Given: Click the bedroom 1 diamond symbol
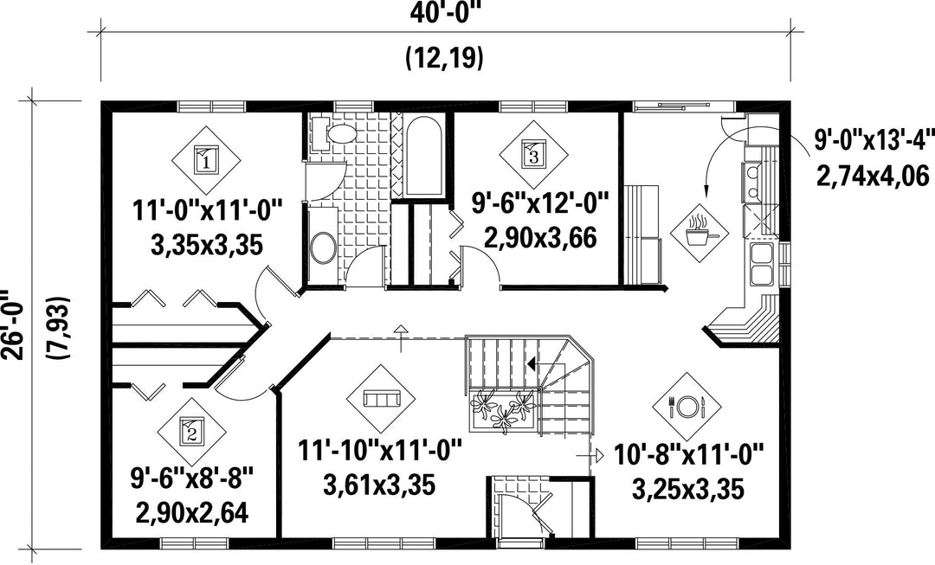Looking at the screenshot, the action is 206,160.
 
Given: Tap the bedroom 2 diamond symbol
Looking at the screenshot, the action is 192,432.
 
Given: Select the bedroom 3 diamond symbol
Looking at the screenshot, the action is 533,155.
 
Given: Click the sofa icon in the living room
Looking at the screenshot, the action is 381,399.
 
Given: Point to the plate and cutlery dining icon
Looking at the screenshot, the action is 687,407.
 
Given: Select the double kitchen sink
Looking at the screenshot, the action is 762,264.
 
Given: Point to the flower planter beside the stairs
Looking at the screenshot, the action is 503,409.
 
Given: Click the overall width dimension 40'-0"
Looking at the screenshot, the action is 446,13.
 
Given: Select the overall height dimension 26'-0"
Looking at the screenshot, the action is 13,324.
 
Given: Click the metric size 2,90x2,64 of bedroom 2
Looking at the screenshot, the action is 192,512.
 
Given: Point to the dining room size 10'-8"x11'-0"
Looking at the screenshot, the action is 689,457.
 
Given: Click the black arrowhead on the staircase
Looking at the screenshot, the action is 532,363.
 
